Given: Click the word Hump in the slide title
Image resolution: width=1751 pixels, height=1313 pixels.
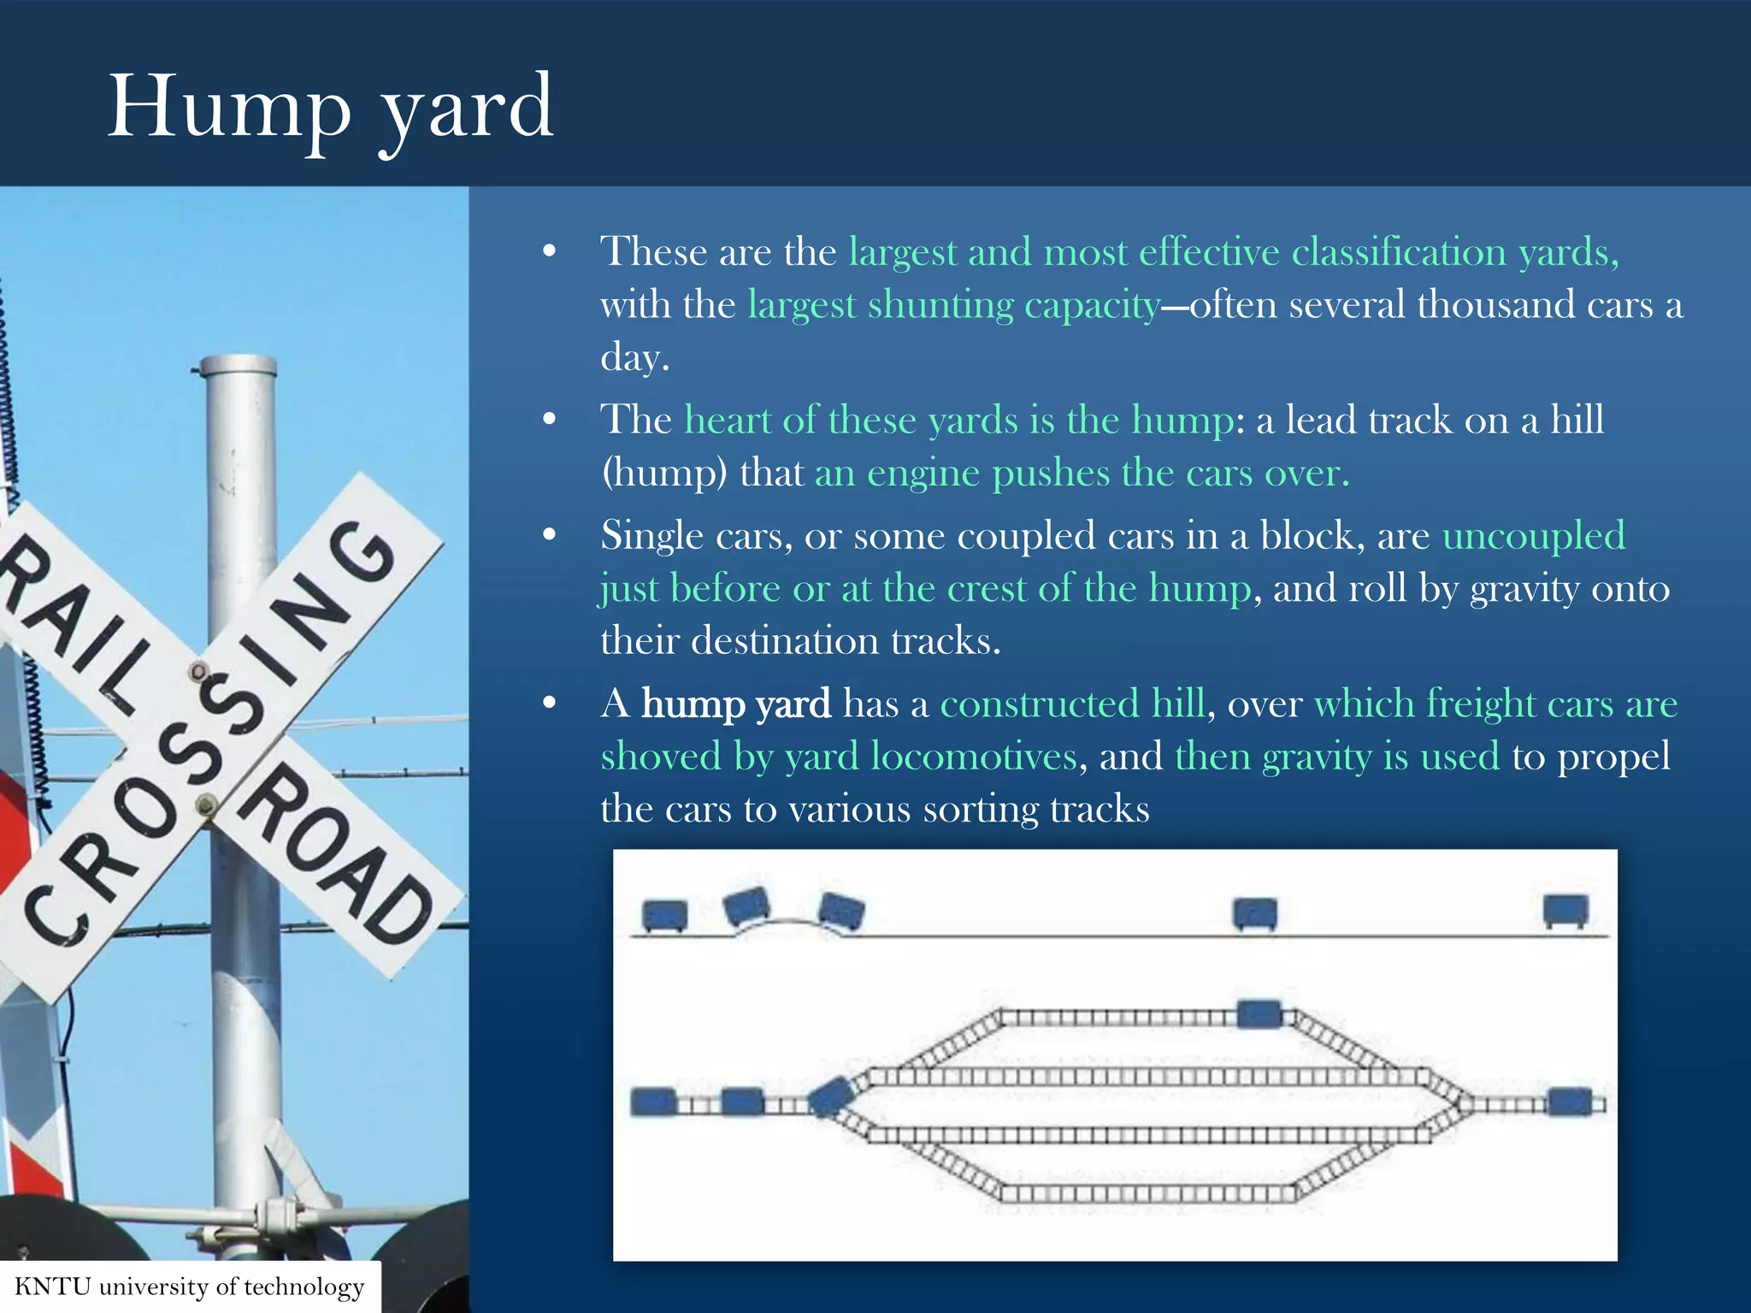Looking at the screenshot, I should tap(229, 109).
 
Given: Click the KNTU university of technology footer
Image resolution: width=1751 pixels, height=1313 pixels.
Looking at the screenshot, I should tap(190, 1287).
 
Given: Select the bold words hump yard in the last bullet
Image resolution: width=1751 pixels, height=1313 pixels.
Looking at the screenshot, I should tap(735, 704).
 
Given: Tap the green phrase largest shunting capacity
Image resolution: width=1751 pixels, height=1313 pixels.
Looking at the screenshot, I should tap(954, 304).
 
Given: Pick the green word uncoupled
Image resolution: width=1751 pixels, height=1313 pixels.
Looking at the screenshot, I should tap(1534, 536).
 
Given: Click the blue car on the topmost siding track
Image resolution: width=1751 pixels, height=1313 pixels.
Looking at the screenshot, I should tap(1259, 1014).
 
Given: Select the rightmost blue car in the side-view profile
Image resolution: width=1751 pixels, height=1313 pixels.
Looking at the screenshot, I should tap(1565, 910).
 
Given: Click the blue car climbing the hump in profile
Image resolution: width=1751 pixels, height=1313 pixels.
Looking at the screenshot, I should tap(746, 906).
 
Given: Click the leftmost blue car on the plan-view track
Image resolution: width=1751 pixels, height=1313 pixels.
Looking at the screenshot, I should tap(653, 1101).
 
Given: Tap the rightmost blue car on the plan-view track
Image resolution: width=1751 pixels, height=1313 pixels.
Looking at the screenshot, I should tap(1571, 1102).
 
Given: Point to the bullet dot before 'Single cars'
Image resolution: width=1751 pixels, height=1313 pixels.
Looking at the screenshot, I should tap(550, 536).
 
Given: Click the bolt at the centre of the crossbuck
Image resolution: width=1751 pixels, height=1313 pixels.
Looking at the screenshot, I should tap(206, 804).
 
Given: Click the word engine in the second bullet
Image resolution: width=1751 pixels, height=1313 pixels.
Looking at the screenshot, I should tap(923, 474).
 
